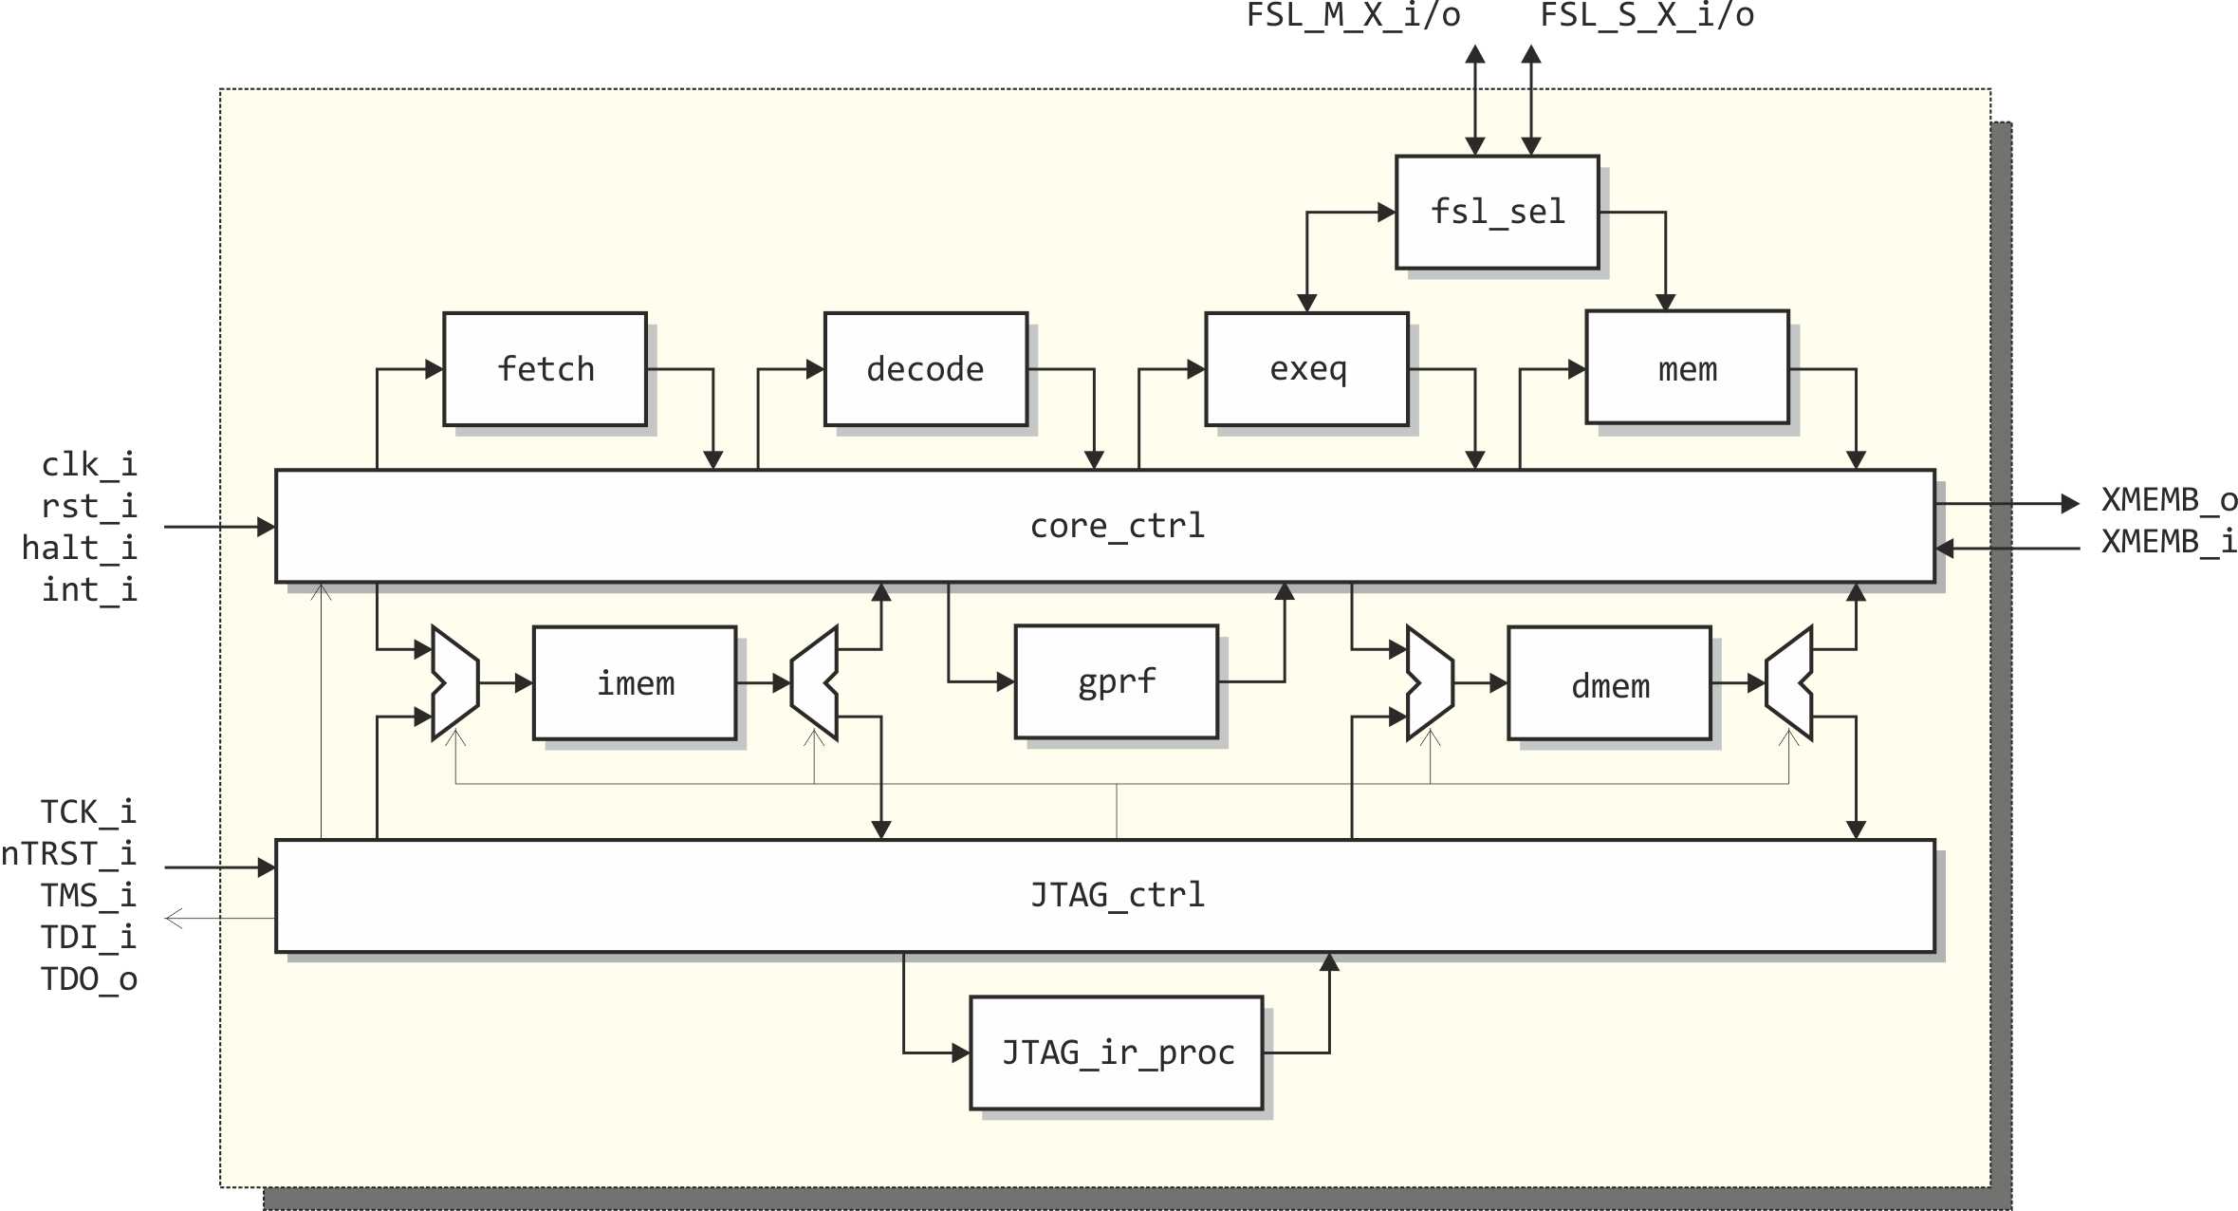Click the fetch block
pos(545,369)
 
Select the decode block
pos(925,369)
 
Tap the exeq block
pos(1306,369)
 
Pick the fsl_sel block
pos(1497,212)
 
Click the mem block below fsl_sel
pos(1687,367)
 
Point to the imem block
pos(635,682)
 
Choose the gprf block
pos(1116,681)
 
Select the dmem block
pos(1609,683)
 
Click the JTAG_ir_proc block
pos(1116,1053)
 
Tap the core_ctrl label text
pos(1117,526)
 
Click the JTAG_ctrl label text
pos(1117,895)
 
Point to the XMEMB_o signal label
pos(2169,500)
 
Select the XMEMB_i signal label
pos(2169,542)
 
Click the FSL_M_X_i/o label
pos(1353,16)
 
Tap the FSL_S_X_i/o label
pos(1646,16)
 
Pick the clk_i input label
pos(89,465)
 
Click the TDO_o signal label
pos(89,979)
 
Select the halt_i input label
pos(80,549)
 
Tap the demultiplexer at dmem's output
pos(1789,682)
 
